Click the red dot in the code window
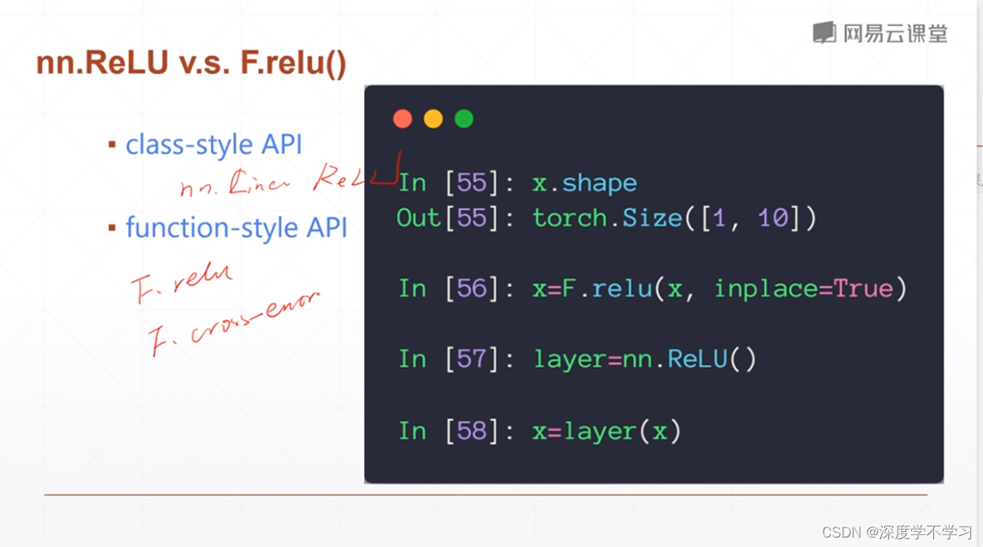point(403,119)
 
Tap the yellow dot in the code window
point(433,119)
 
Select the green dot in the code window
point(463,119)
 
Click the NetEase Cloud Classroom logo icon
point(824,32)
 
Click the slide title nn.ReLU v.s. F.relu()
point(191,63)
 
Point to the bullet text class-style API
point(213,145)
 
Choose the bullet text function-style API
point(236,228)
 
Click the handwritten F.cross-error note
point(234,324)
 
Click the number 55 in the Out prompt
point(472,218)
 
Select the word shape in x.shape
point(599,183)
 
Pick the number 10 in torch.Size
point(773,218)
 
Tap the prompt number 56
point(472,289)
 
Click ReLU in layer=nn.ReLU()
point(697,360)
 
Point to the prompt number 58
point(472,431)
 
